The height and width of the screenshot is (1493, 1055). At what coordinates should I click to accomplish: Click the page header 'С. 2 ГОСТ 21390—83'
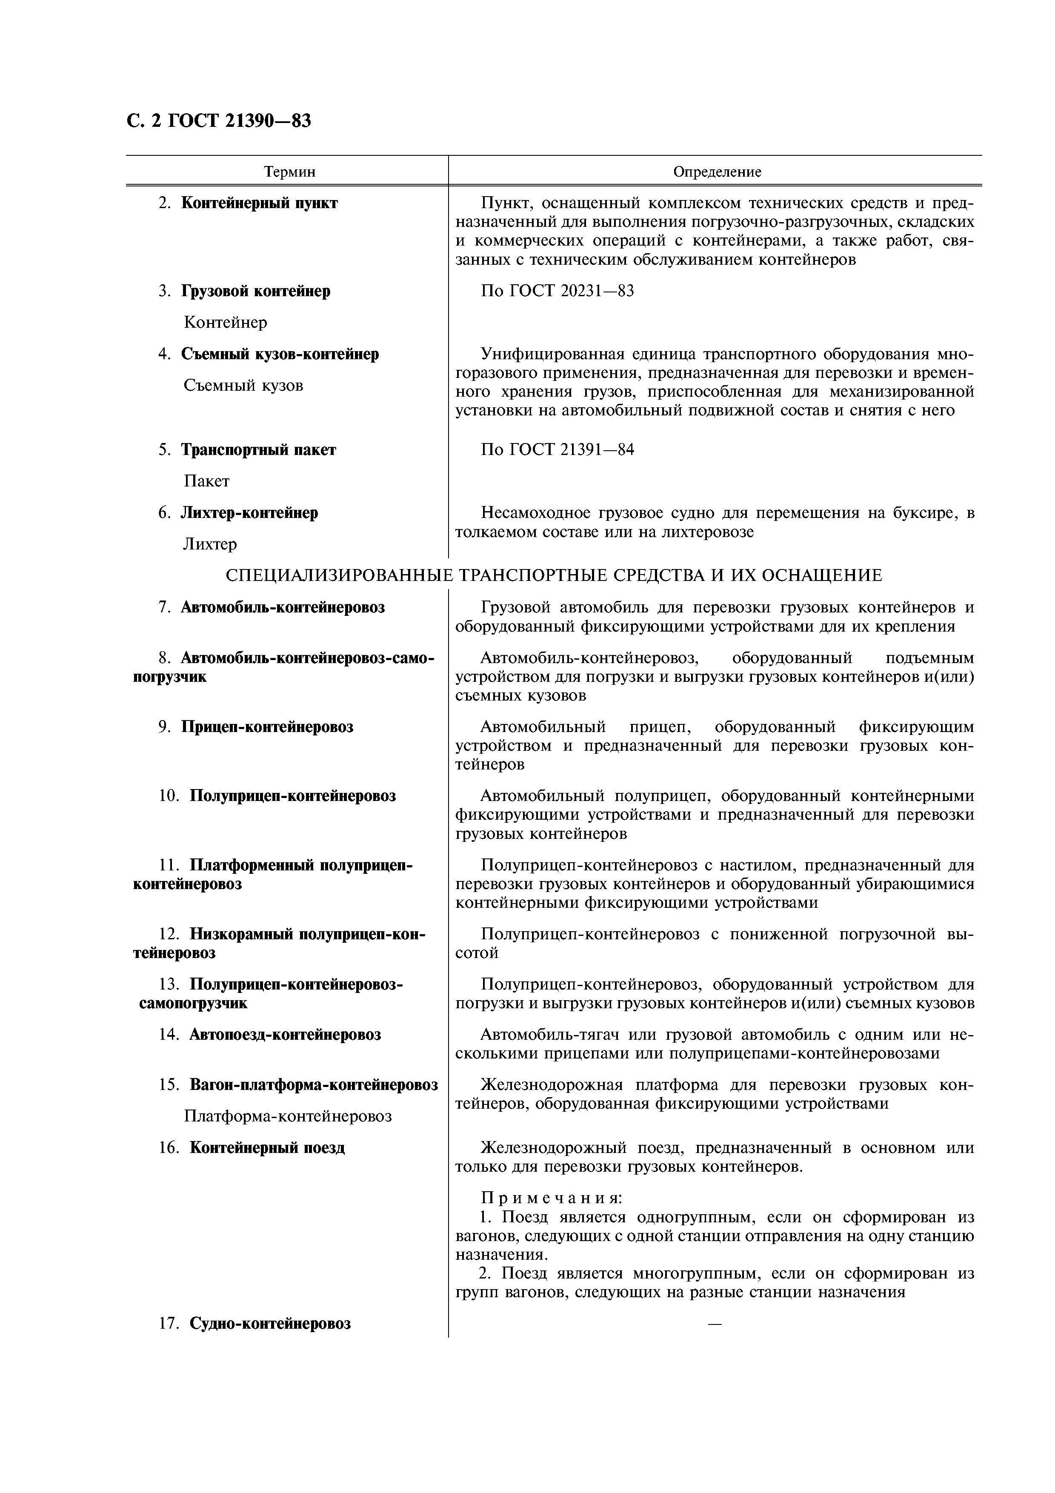pos(218,120)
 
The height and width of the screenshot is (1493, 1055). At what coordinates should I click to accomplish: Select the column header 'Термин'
pos(289,172)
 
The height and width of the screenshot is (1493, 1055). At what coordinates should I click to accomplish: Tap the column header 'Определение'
pos(716,172)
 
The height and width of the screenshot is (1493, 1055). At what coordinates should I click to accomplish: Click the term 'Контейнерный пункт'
pos(259,203)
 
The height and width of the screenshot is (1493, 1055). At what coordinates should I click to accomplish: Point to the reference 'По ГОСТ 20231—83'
pos(557,291)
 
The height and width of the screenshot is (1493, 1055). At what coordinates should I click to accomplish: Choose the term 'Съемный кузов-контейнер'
pos(280,355)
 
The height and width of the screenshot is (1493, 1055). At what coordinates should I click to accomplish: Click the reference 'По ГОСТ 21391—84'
pos(557,449)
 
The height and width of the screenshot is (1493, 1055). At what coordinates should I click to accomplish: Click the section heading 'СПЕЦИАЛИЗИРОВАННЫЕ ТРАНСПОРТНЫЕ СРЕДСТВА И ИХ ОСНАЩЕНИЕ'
pos(553,575)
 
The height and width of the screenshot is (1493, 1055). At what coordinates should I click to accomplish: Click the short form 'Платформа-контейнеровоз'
pos(287,1116)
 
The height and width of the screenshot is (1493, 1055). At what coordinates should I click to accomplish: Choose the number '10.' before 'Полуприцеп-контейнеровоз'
pos(169,796)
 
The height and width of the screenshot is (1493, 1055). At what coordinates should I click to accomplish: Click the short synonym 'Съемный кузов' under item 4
pos(243,386)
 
